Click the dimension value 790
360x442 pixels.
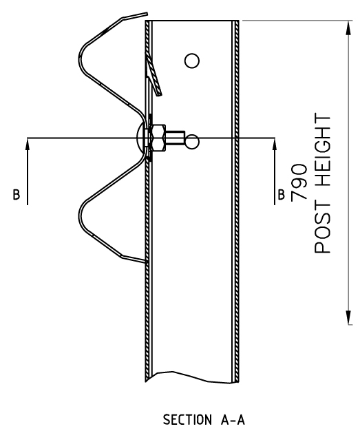[299, 182]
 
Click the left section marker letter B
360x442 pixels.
[17, 195]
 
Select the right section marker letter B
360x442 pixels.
[281, 195]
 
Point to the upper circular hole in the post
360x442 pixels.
[192, 61]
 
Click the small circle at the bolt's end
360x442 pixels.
[192, 142]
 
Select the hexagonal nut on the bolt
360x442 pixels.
[158, 138]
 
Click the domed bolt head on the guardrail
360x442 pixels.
[140, 138]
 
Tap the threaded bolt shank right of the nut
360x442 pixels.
[175, 138]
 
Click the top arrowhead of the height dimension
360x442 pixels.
[349, 28]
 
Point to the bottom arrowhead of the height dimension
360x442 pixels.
[349, 317]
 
